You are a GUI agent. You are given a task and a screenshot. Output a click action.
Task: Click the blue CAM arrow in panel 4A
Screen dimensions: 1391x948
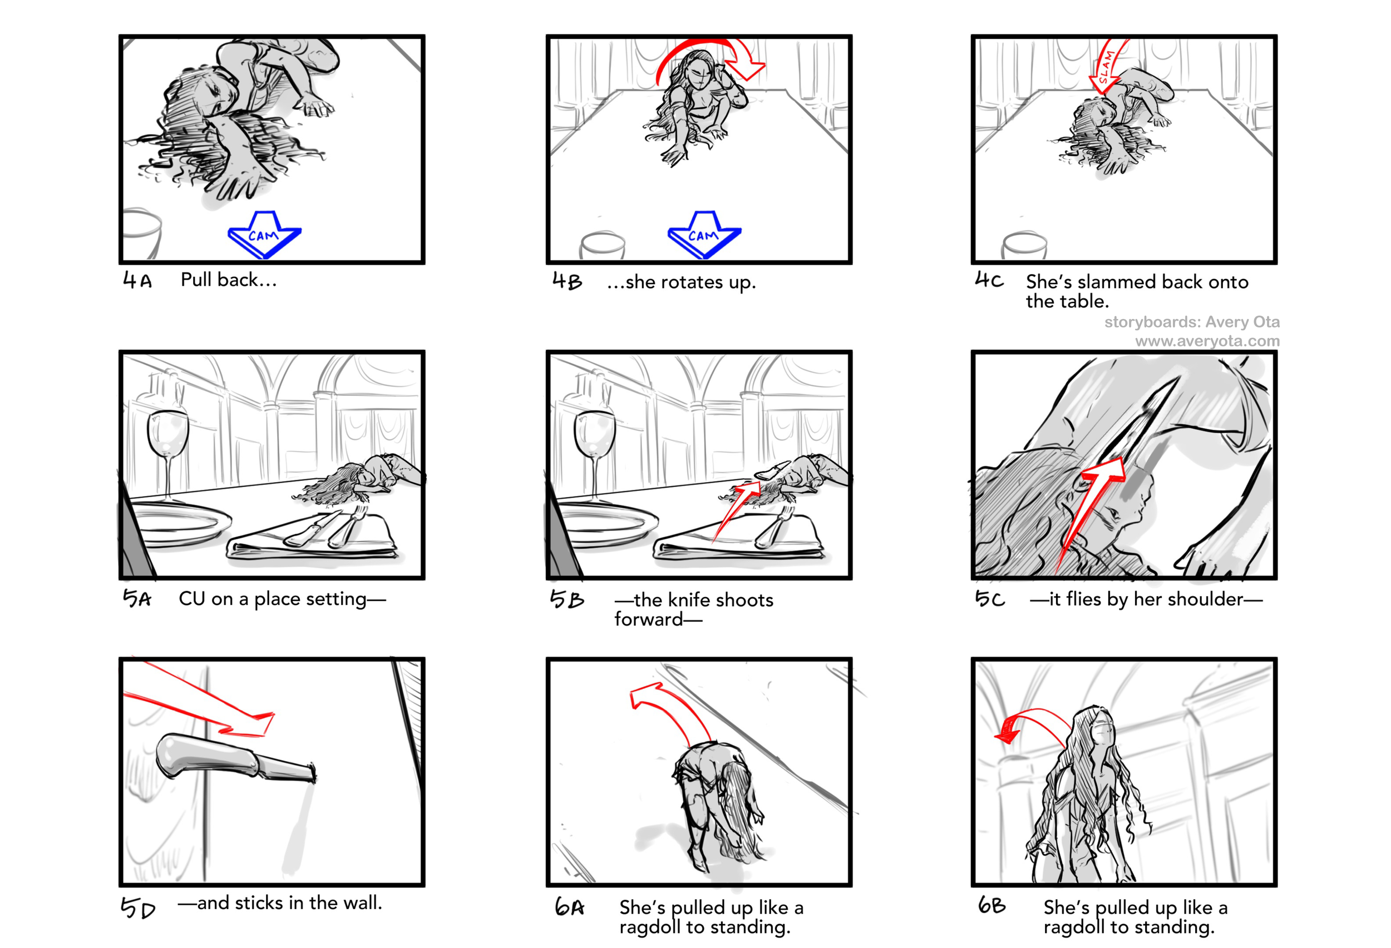click(264, 234)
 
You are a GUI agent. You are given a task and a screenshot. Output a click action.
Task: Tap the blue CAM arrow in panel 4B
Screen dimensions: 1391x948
click(704, 234)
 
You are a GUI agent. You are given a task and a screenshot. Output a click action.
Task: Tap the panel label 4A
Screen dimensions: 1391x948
click(137, 280)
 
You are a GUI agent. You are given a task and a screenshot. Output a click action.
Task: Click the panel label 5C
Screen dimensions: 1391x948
click(990, 598)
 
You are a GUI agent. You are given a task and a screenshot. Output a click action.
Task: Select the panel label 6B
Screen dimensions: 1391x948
click(992, 906)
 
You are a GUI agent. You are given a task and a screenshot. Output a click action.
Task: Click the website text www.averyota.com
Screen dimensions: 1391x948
click(1207, 341)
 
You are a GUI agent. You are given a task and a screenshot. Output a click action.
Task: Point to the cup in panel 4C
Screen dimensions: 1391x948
click(1025, 245)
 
